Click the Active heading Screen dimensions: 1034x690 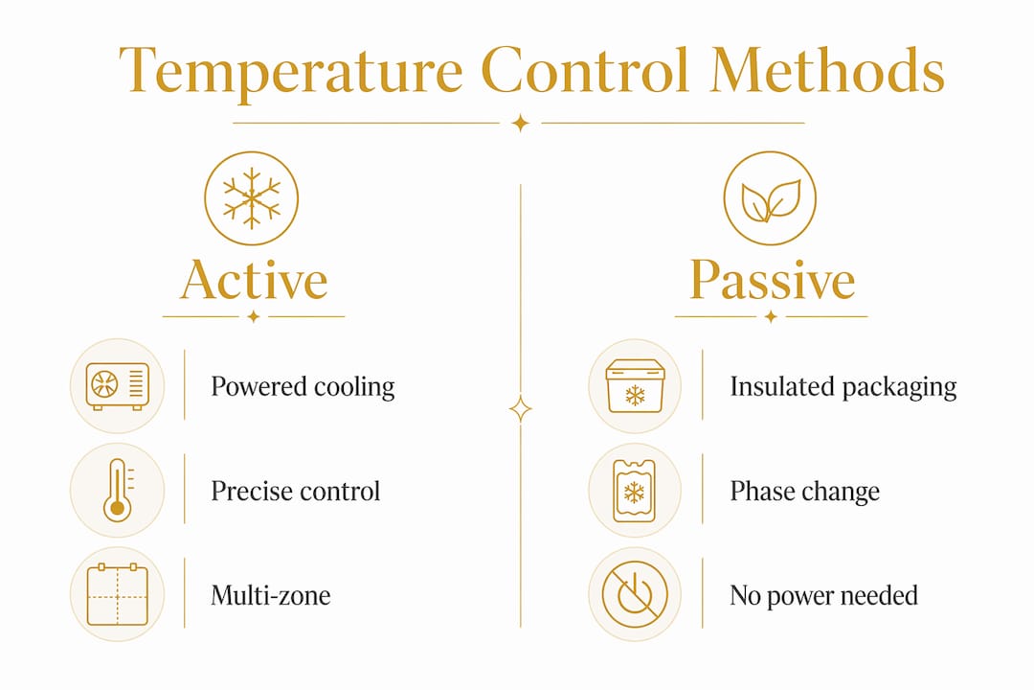254,280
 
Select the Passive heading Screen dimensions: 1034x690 773,280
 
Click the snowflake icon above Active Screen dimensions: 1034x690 251,198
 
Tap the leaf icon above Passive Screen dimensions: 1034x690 770,198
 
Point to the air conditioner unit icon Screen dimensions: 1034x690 118,386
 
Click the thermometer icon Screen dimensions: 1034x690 118,490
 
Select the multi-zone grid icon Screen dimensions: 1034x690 118,594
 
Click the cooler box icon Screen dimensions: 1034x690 635,386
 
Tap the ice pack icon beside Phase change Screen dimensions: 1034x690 635,491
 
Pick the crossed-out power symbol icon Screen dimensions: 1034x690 635,594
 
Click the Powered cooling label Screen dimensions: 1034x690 303,387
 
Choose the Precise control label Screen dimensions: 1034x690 296,492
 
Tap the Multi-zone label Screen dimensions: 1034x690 270,595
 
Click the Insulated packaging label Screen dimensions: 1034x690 843,387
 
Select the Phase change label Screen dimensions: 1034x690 804,492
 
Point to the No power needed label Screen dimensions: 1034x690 823,596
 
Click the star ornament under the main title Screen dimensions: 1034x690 520,123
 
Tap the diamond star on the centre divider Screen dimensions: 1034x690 520,409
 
